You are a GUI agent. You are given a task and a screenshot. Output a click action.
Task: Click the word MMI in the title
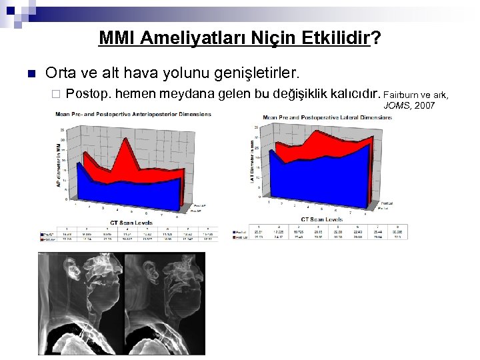tap(116, 39)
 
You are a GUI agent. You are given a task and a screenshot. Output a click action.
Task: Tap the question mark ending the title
tap(377, 39)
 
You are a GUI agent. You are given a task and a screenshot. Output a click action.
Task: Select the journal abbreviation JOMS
tap(395, 105)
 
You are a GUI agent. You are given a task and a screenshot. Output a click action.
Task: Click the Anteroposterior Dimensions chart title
tap(133, 114)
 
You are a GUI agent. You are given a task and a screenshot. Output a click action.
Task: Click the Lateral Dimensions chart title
tap(327, 117)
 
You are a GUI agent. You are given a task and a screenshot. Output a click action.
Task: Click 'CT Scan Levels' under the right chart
tap(323, 219)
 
